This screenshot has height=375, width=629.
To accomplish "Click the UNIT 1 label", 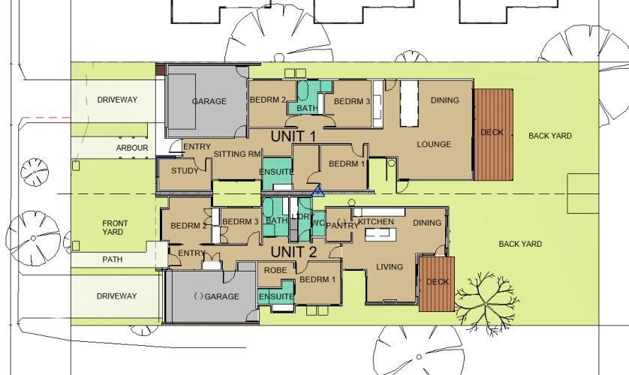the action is (293, 136).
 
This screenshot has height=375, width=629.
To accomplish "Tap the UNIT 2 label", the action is (293, 252).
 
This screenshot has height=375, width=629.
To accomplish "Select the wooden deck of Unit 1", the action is (493, 134).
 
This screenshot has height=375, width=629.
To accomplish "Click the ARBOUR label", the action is (132, 148).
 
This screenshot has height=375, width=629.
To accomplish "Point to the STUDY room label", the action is (185, 171).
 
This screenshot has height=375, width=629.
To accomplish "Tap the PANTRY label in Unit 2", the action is (342, 226).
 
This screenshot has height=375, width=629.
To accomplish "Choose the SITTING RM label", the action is (237, 154).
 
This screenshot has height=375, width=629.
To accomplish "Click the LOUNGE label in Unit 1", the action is (434, 144).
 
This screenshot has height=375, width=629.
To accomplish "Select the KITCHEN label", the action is (376, 221).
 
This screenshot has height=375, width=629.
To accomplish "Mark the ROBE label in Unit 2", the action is (275, 271).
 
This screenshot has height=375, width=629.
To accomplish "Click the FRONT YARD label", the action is (115, 227).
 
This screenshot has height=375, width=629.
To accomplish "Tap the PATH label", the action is (113, 259).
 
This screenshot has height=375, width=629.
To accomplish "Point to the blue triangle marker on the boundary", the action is (318, 191).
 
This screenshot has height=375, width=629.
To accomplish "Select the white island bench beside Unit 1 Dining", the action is (409, 103).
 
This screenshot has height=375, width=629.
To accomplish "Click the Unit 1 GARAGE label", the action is (209, 101).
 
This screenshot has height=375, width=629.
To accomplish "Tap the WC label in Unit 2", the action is (318, 223).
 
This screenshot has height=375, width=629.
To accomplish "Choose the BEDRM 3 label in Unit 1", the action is (352, 102).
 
